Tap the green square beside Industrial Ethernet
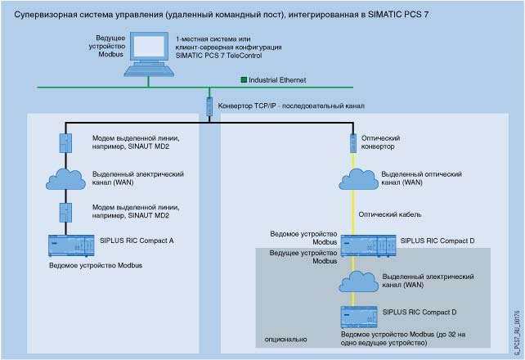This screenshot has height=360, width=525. click(x=243, y=80)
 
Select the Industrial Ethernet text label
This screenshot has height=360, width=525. click(x=279, y=80)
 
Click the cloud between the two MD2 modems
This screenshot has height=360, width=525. click(x=65, y=178)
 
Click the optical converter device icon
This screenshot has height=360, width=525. click(x=352, y=142)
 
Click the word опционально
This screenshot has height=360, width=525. click(x=286, y=336)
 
